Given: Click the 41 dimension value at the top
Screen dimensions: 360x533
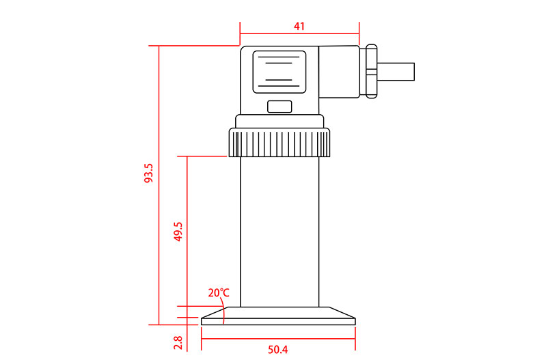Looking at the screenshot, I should pos(299,27).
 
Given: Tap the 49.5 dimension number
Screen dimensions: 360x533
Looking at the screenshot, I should pos(178,232).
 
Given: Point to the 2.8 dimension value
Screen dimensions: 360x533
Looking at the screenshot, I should pos(178,342).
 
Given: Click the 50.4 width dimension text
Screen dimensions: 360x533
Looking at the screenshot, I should pos(277,350).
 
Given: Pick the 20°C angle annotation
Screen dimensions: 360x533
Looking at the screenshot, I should pos(219,293).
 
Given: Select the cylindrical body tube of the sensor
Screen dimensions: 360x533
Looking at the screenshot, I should pos(279,232).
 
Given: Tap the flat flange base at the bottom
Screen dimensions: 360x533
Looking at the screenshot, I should pos(279,316).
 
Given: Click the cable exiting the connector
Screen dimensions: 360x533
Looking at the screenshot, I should pos(396,72).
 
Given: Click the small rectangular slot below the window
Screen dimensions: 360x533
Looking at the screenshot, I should pos(279,107).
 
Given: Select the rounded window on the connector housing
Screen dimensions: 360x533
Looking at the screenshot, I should pos(279,71).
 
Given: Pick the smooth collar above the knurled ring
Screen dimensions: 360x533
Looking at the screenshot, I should pos(279,122).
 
